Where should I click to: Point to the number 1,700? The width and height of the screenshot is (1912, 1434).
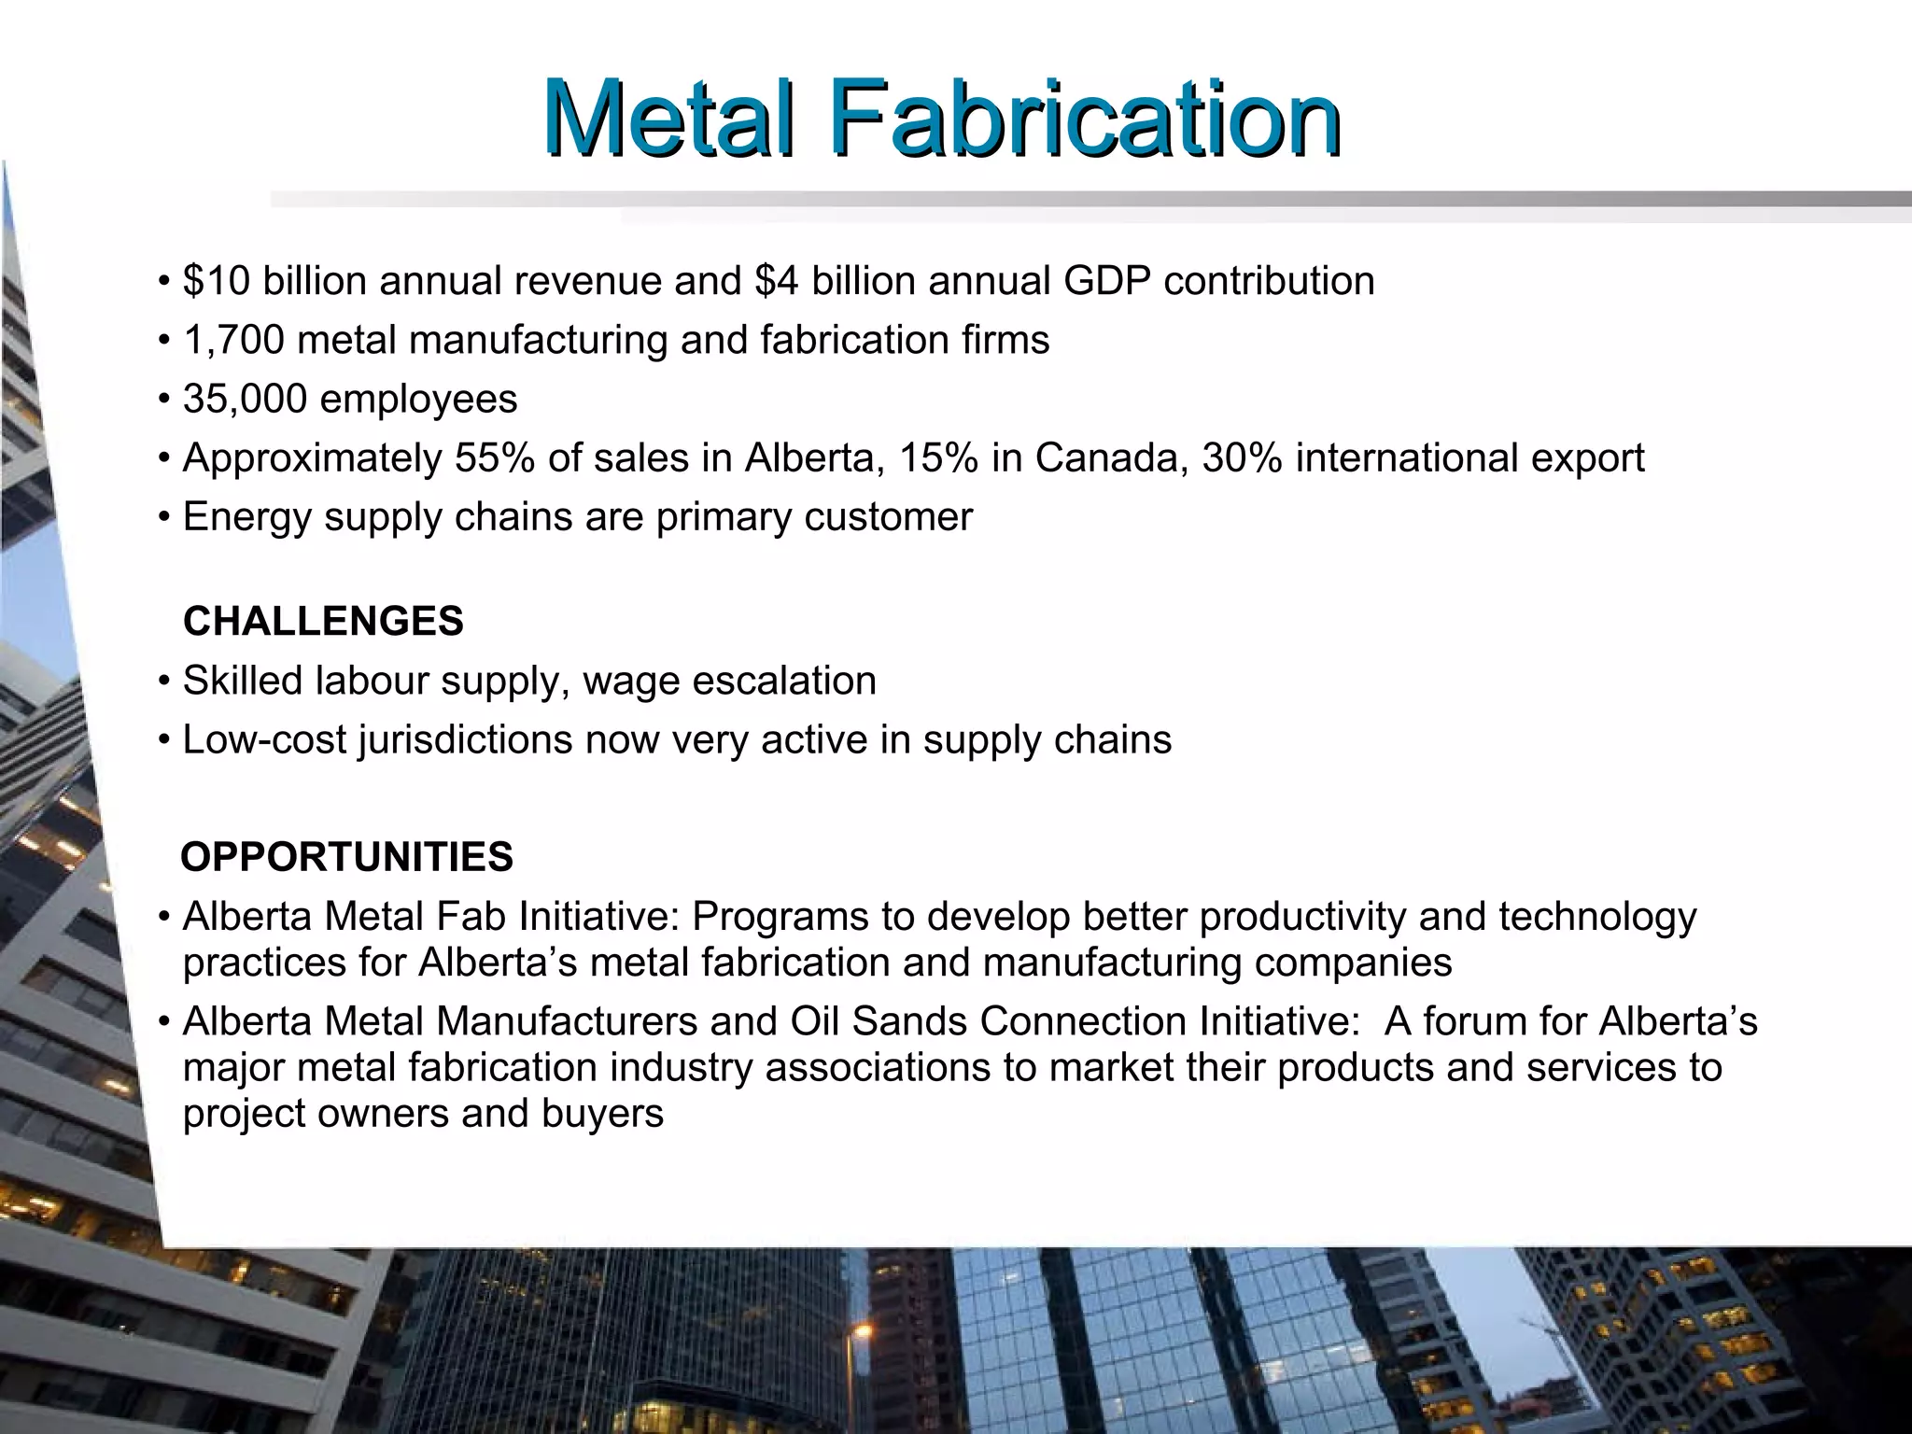[233, 340]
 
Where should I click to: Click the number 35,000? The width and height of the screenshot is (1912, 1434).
[245, 399]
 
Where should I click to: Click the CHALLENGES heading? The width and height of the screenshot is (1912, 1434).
[323, 622]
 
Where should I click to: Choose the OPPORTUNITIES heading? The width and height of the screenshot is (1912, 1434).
[346, 857]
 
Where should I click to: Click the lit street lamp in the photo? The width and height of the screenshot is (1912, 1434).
[863, 1329]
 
